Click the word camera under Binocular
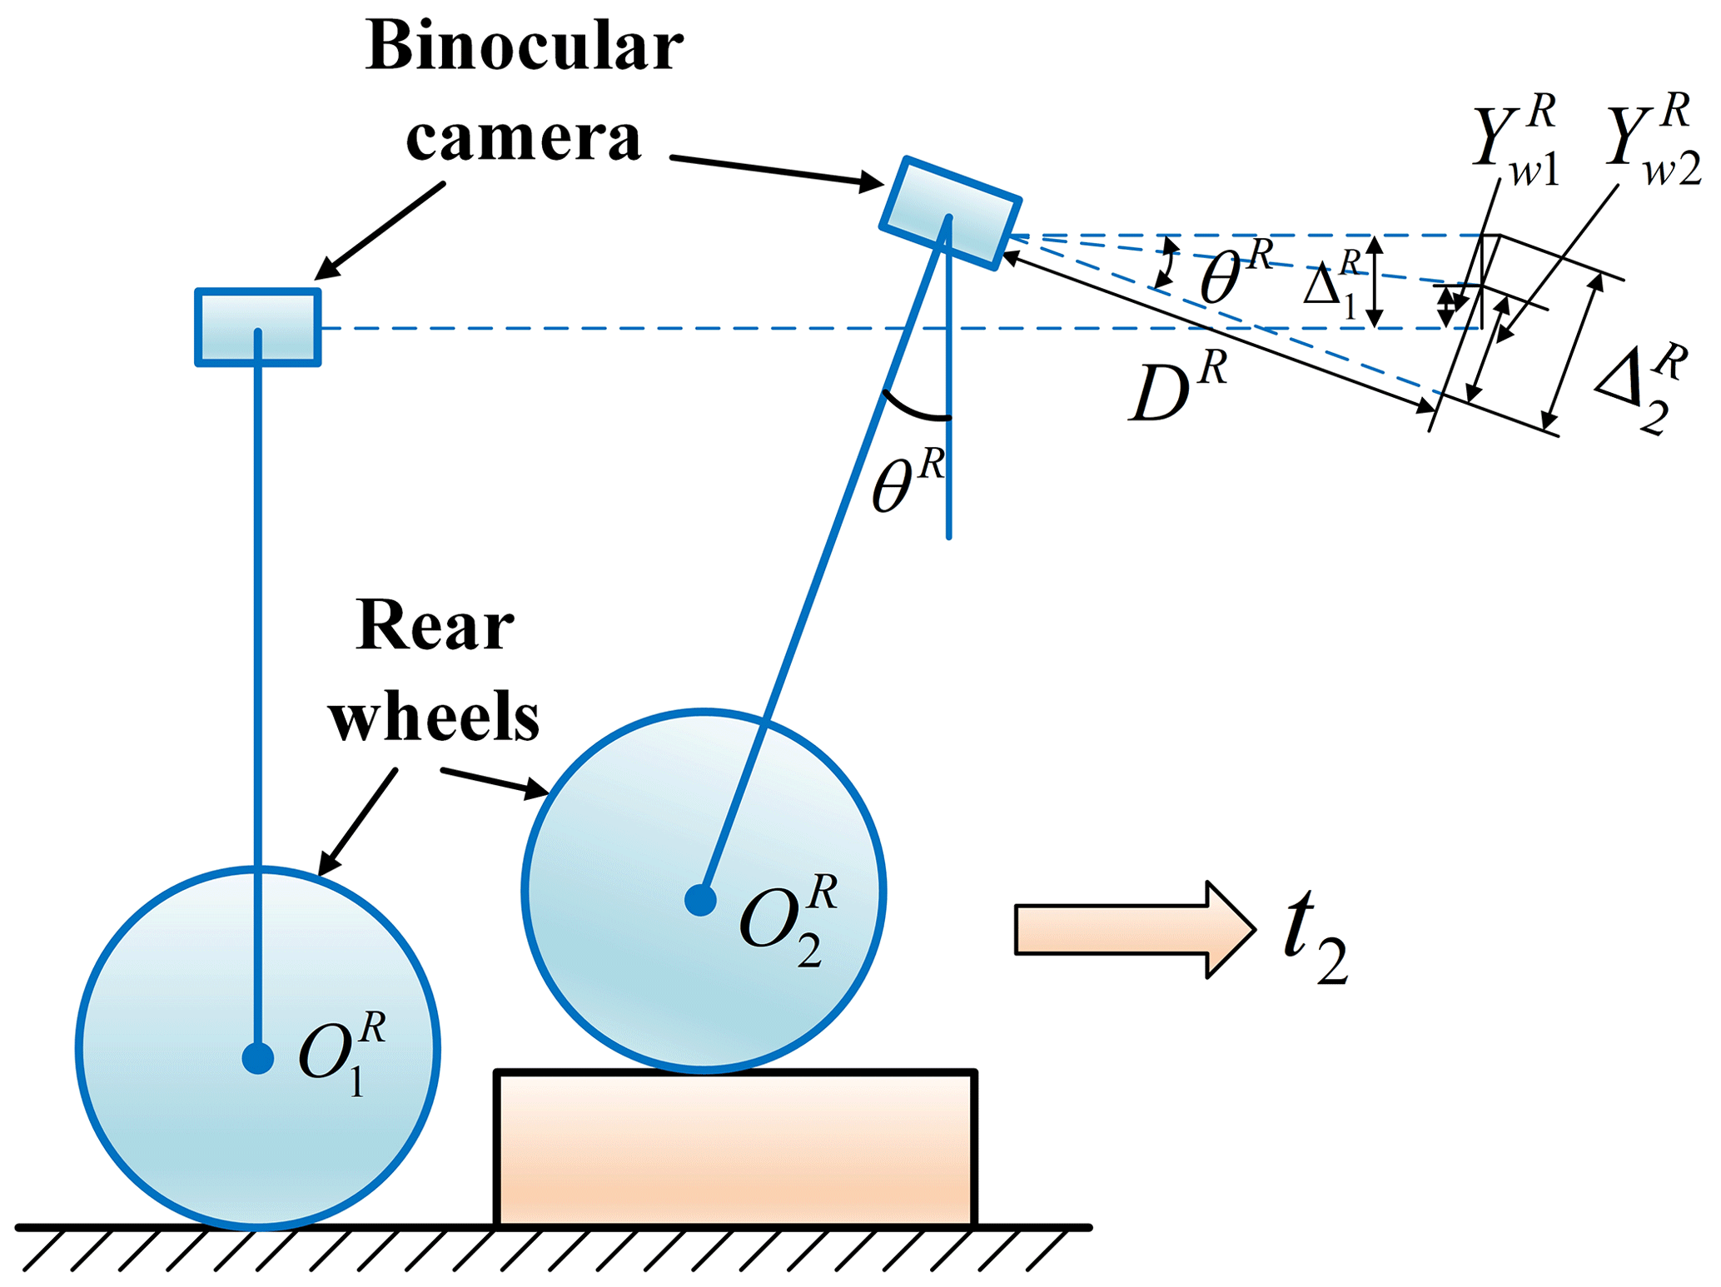click(x=524, y=137)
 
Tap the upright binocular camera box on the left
click(x=258, y=327)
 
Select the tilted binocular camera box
click(x=951, y=213)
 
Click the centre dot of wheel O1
click(x=258, y=1058)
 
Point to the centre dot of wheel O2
click(x=701, y=899)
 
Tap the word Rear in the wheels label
click(x=435, y=625)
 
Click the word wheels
click(x=434, y=717)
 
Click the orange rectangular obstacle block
click(x=735, y=1148)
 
